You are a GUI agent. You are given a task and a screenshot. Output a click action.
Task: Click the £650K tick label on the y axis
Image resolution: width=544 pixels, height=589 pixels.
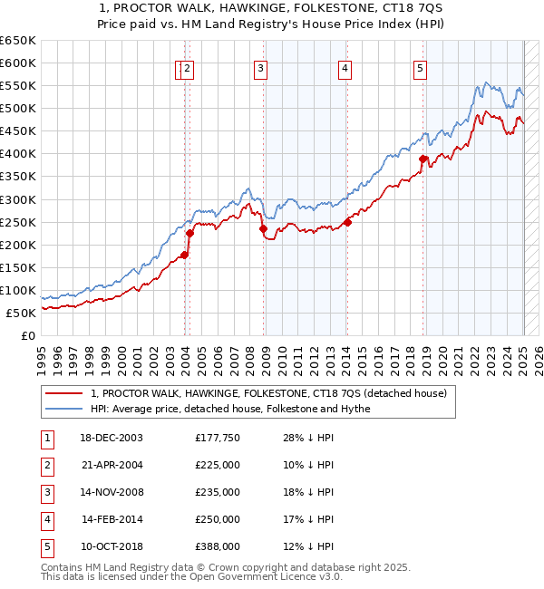point(18,41)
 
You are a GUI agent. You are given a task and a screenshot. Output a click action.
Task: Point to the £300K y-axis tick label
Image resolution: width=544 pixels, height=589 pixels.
point(18,199)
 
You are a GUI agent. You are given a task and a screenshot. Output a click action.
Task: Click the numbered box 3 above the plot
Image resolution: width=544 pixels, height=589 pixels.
point(260,67)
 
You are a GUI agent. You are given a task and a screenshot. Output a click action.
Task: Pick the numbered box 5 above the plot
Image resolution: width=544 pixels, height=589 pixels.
point(421,67)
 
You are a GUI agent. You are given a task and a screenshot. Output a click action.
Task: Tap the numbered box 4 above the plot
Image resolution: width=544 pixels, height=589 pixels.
point(345,67)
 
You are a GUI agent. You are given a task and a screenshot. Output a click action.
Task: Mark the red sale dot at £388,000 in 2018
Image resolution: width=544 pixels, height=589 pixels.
point(423,159)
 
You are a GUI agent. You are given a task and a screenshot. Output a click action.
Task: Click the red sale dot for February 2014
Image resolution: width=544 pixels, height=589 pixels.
point(347,222)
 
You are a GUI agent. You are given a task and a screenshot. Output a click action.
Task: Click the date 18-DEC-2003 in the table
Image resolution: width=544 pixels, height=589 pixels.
point(112,438)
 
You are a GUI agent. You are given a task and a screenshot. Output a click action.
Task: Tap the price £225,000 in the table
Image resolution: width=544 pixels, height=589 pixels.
point(218,465)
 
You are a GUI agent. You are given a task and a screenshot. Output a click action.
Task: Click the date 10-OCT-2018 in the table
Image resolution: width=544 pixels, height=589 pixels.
point(112,546)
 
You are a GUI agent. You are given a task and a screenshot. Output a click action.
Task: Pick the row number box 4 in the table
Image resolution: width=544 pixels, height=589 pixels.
point(46,519)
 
